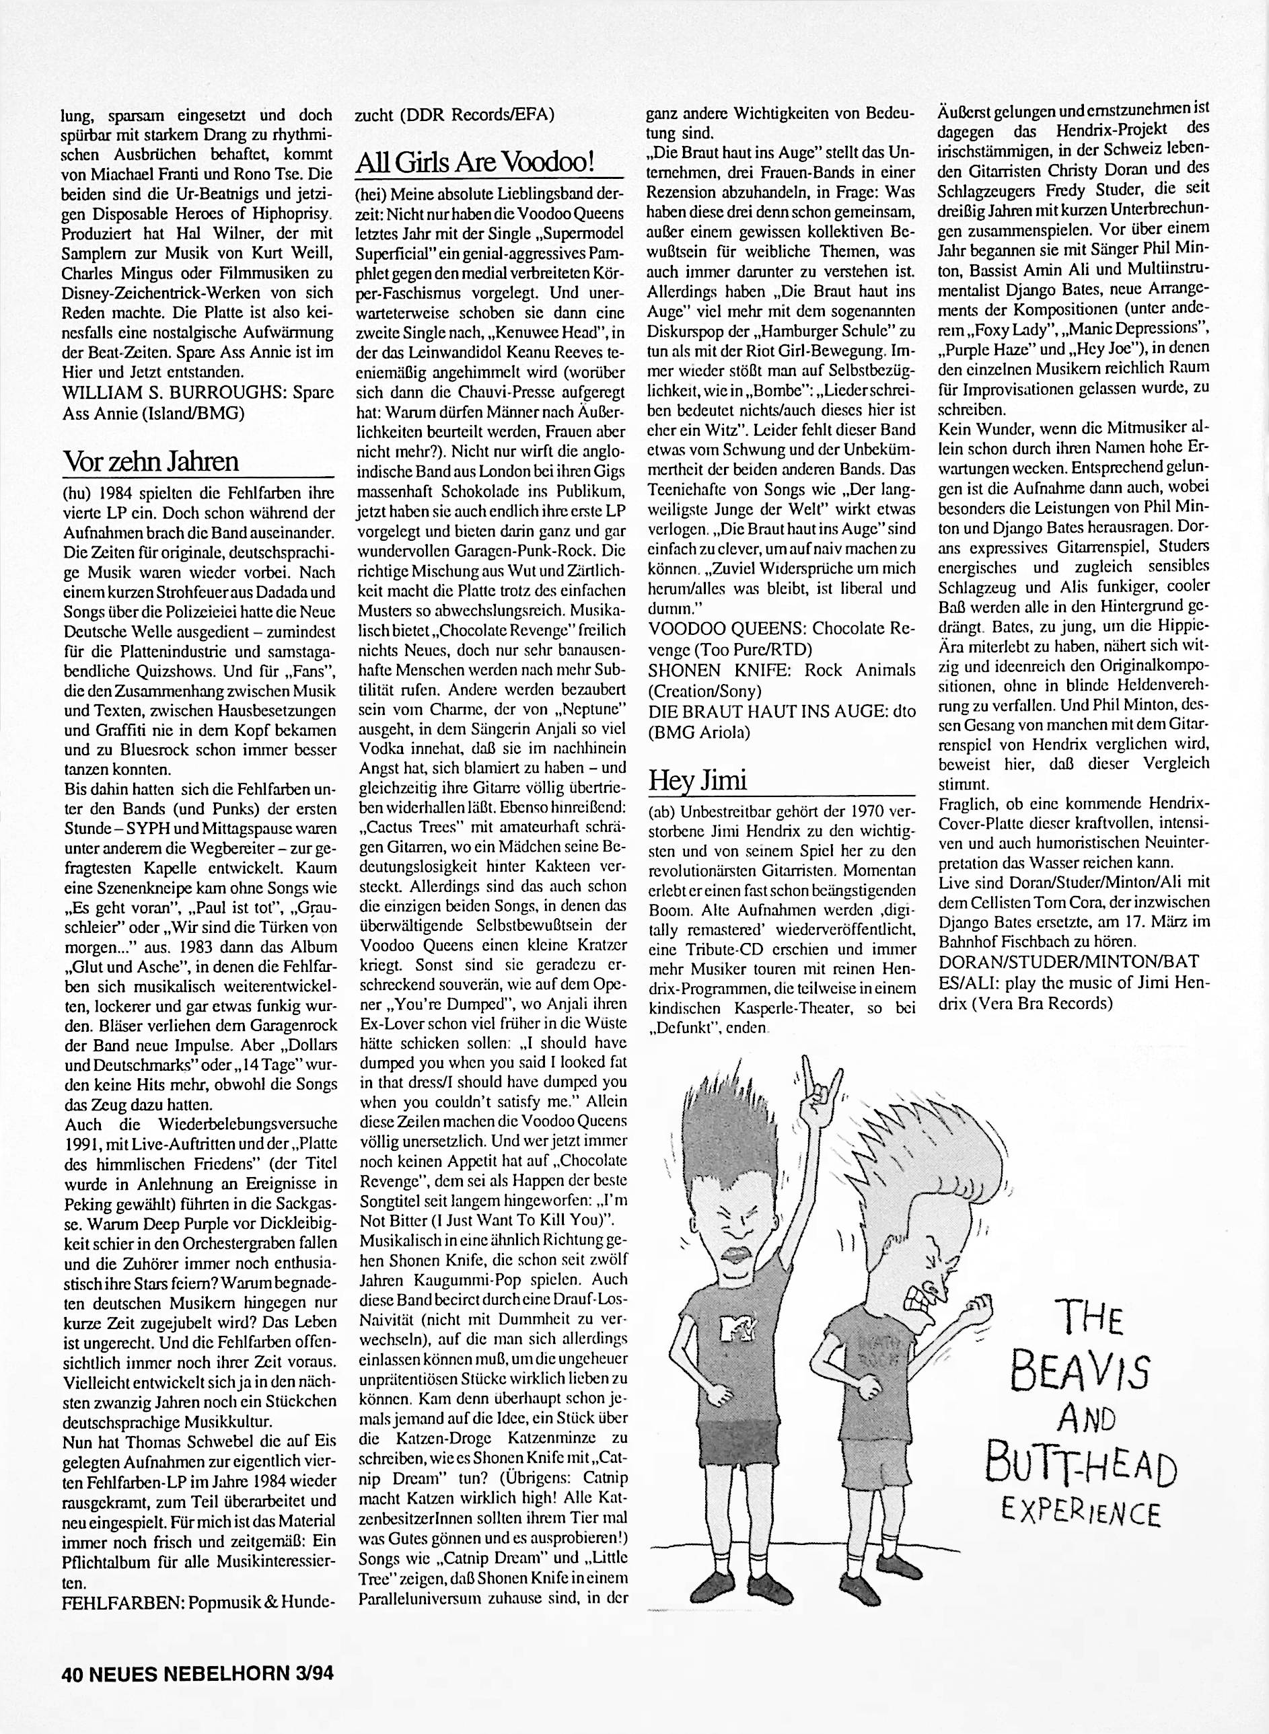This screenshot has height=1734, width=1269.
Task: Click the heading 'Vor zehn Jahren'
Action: click(151, 461)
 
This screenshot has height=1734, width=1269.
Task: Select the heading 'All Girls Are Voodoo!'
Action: click(476, 161)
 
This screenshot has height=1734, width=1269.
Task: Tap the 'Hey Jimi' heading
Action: click(698, 780)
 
